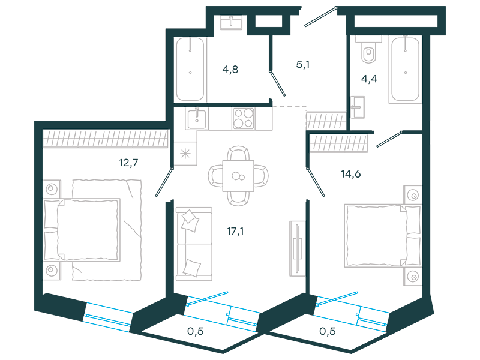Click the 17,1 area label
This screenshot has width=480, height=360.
[x=235, y=231]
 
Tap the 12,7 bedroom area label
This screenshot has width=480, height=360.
[x=128, y=163]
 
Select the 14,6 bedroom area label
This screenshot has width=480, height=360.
[x=351, y=174]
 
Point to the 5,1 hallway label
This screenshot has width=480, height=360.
[x=303, y=65]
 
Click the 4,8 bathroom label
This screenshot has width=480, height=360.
[x=230, y=70]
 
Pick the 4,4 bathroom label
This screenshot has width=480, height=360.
[x=369, y=79]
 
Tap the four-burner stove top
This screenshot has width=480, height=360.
[x=244, y=118]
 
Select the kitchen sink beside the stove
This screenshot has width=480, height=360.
[x=197, y=118]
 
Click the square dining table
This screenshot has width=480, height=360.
[x=238, y=176]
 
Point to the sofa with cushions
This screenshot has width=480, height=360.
[x=194, y=244]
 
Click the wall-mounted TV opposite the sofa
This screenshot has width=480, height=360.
[x=297, y=248]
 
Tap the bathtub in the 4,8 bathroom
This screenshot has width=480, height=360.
[x=190, y=69]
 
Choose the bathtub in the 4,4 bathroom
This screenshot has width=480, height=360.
[x=406, y=69]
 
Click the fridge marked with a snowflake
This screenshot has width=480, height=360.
[x=185, y=154]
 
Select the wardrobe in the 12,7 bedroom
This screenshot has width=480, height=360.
[x=106, y=139]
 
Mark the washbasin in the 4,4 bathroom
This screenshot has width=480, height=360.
[x=358, y=107]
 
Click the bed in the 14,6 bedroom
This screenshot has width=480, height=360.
[x=383, y=236]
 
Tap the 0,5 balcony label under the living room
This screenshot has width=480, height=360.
[x=196, y=331]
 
